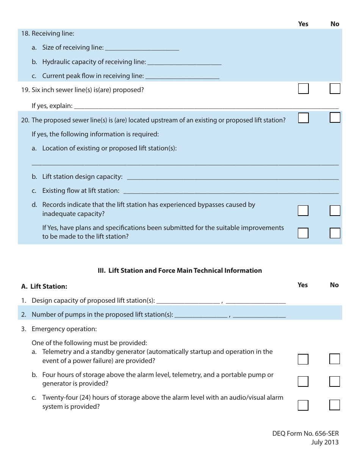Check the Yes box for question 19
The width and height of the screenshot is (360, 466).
[303, 89]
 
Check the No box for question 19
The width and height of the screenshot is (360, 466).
[335, 89]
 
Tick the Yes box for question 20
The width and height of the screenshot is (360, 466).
[303, 118]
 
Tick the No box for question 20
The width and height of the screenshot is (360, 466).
[335, 118]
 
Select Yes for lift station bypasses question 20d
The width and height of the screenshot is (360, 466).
[303, 211]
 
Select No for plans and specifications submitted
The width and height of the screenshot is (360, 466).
[335, 233]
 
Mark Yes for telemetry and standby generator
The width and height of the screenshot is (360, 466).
[303, 359]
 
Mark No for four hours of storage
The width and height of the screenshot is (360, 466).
[334, 382]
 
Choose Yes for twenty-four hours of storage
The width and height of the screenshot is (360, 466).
[303, 405]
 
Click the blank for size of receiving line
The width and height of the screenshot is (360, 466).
[142, 48]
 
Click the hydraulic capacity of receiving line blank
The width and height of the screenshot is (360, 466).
[184, 62]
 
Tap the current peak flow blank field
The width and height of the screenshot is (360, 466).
[182, 76]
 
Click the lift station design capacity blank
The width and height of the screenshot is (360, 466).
[233, 177]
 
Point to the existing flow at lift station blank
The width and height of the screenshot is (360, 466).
[231, 191]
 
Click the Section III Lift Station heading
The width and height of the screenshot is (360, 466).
[180, 271]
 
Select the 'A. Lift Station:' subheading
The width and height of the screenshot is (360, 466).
[44, 286]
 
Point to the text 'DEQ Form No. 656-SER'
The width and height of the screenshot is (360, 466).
[305, 433]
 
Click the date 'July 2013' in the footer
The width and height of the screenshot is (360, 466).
[325, 442]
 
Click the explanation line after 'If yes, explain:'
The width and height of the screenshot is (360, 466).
[206, 106]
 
